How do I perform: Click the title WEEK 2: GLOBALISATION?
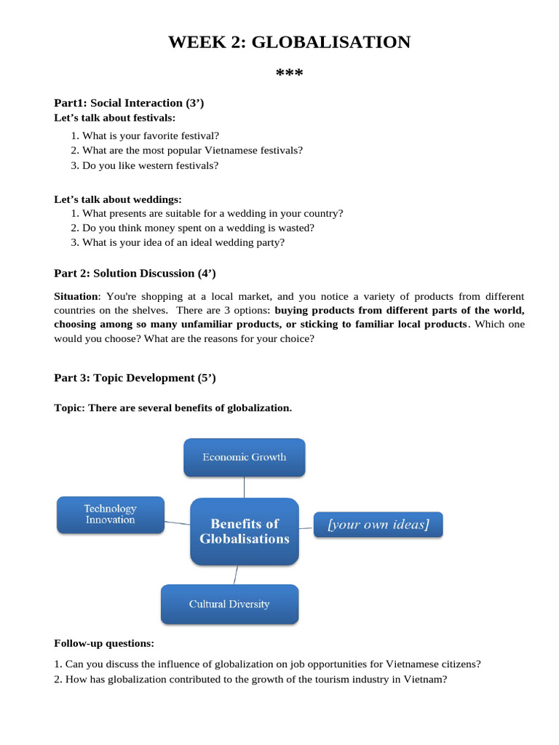pos(289,42)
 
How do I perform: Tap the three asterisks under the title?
pos(289,75)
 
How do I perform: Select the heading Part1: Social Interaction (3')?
pos(129,103)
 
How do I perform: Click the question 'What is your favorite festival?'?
pos(150,135)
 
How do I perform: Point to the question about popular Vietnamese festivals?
pos(192,150)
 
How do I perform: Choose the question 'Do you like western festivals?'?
pos(150,165)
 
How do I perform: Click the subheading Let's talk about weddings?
pos(118,199)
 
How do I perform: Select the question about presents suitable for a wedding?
pos(212,213)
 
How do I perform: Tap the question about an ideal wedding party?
pos(183,242)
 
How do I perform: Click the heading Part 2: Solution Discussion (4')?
pos(135,274)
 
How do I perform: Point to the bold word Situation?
pos(76,296)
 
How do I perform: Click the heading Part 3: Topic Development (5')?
pos(135,378)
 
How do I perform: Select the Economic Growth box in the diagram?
pos(244,458)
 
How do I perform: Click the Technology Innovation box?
pos(110,514)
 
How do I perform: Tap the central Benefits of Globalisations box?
pos(245,531)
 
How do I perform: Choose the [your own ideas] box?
pos(378,525)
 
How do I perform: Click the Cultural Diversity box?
pos(229,604)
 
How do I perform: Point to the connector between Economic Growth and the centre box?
pos(245,487)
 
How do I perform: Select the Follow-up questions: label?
pos(104,643)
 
